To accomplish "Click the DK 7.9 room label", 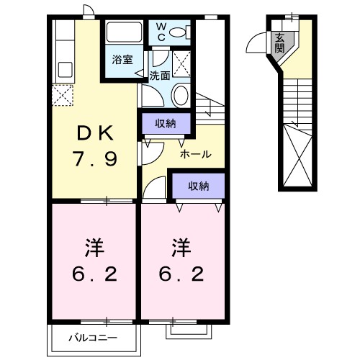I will click(94, 145).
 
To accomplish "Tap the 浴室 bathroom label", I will click(122, 60).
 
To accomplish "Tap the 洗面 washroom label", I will click(160, 74).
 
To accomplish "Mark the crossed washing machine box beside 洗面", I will click(181, 63).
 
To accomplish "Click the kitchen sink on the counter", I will click(63, 70).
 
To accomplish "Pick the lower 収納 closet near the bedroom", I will click(198, 186).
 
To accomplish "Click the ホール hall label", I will click(195, 154).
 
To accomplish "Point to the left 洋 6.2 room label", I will click(94, 261).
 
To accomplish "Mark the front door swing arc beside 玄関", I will click(257, 45).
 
